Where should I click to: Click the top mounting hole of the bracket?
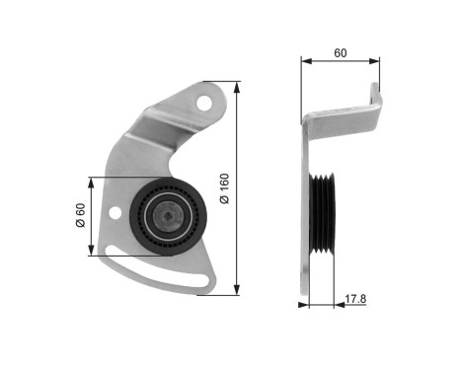[204, 102]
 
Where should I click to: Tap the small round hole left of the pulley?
[118, 213]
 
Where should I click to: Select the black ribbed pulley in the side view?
[323, 212]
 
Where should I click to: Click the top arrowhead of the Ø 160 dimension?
[237, 85]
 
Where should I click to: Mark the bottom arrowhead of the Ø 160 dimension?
[237, 292]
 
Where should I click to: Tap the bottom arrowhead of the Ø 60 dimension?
[91, 253]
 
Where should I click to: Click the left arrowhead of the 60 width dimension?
[304, 61]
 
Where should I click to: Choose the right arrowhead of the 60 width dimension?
[379, 61]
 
